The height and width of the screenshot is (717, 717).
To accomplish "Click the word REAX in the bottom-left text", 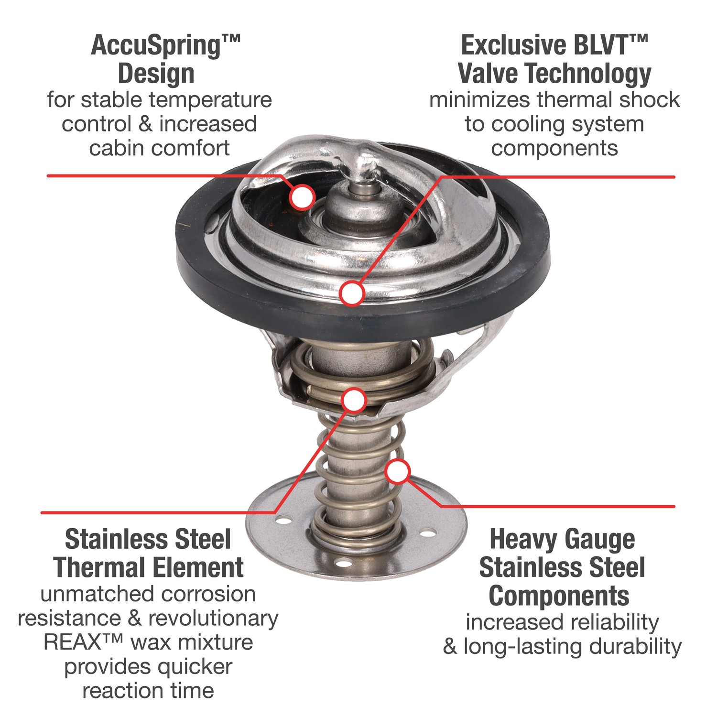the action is (x=73, y=642).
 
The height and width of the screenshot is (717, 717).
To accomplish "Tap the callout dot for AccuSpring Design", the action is (x=302, y=196).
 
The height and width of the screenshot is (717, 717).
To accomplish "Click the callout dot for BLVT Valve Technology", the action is (x=352, y=293).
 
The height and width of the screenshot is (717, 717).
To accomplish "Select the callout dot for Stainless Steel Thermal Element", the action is (x=354, y=401).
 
